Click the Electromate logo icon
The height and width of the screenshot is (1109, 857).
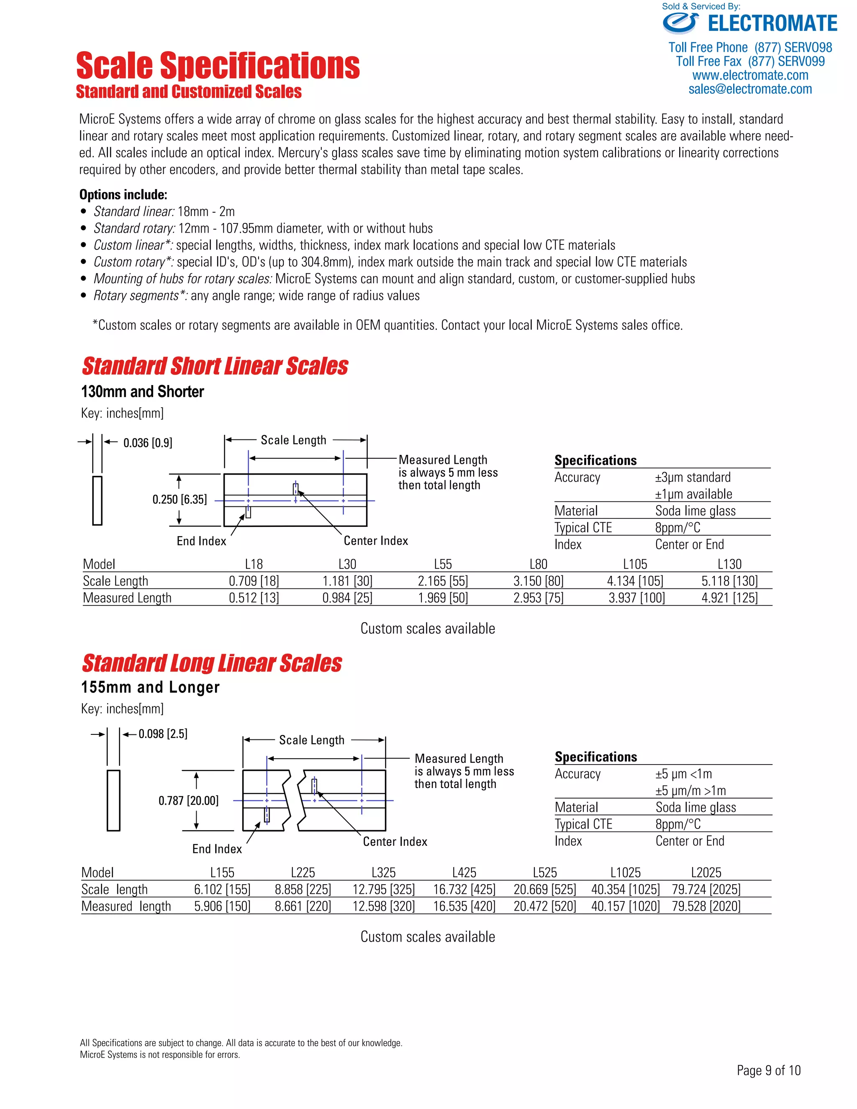point(680,23)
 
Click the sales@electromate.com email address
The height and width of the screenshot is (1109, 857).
point(750,90)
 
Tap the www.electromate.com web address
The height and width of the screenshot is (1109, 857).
point(750,76)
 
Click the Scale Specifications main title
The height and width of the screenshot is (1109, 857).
point(218,66)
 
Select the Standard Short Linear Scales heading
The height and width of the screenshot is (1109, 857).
point(215,366)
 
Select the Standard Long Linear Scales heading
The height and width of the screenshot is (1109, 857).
point(212,663)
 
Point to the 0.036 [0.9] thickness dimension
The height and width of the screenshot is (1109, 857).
point(148,443)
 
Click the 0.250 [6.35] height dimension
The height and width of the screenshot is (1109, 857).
point(180,500)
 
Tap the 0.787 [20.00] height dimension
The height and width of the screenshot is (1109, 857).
point(188,801)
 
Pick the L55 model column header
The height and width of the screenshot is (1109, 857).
point(443,564)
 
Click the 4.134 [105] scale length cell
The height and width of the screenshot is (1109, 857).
point(635,581)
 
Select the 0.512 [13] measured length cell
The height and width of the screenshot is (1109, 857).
point(254,598)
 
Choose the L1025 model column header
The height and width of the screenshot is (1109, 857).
point(626,873)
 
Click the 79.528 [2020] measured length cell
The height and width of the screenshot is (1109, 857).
point(706,906)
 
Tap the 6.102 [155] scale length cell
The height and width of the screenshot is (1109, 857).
point(222,889)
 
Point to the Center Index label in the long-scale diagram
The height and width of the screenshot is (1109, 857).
point(395,842)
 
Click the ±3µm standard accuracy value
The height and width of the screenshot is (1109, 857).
point(693,477)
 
